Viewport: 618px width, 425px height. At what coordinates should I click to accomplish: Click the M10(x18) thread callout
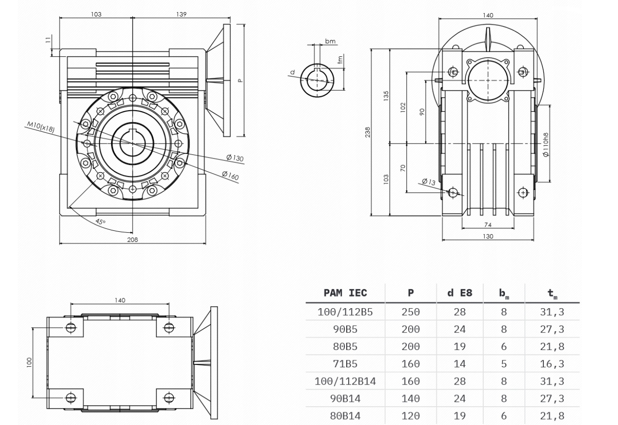pos(41,127)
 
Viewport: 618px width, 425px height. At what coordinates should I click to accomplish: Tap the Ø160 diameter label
pos(230,175)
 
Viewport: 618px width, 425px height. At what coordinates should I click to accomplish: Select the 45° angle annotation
pos(100,221)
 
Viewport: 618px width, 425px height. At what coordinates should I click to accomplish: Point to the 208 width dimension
pos(132,240)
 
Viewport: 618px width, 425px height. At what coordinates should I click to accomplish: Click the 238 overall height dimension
pos(367,132)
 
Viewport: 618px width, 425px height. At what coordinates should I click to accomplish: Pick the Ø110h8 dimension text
pos(545,145)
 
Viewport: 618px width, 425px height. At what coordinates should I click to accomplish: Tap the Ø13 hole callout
pos(429,182)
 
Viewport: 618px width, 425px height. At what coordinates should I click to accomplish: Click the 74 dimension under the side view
pos(488,225)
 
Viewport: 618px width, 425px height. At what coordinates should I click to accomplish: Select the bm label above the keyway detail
pos(330,41)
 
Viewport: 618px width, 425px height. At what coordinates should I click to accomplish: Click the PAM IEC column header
pos(345,293)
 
